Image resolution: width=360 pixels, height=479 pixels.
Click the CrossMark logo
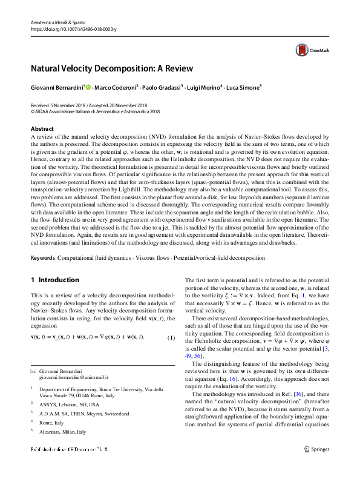pos(309,51)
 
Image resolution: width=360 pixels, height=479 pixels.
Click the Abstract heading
pos(42,128)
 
